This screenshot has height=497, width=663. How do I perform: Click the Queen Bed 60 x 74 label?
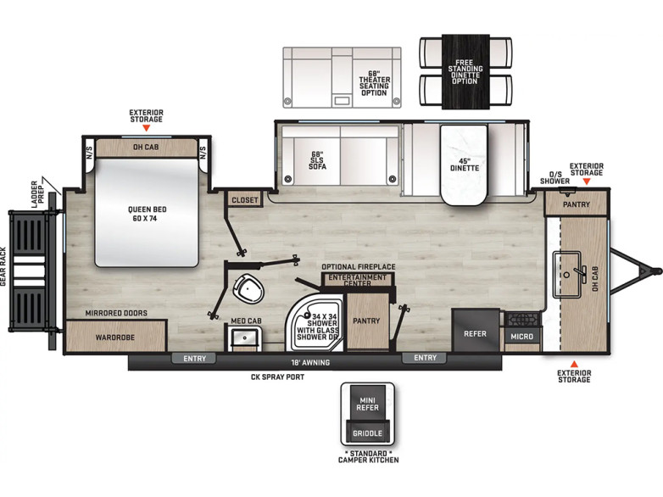[x=148, y=214]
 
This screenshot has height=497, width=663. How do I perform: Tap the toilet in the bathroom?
[x=248, y=288]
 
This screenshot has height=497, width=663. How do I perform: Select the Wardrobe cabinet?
[x=115, y=337]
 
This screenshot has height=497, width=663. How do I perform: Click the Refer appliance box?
[x=476, y=331]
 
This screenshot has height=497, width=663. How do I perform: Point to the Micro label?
[x=521, y=337]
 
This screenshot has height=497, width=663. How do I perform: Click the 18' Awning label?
[x=310, y=362]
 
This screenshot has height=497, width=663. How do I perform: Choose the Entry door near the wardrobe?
[x=194, y=359]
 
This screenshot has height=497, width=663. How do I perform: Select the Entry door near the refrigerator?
[x=425, y=358]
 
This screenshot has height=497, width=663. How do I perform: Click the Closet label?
[x=245, y=199]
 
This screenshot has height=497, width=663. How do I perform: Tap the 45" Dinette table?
[x=465, y=165]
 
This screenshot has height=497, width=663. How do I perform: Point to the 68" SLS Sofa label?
[x=317, y=160]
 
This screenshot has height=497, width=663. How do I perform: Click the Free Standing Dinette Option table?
[x=465, y=72]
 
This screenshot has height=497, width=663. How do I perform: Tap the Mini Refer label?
[x=367, y=404]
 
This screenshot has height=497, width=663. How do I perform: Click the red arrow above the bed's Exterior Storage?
[x=147, y=128]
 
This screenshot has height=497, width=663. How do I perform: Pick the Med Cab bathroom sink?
[x=244, y=338]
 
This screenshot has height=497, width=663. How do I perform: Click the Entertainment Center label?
[x=357, y=280]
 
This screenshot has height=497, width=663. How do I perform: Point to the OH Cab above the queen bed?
[x=147, y=148]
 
